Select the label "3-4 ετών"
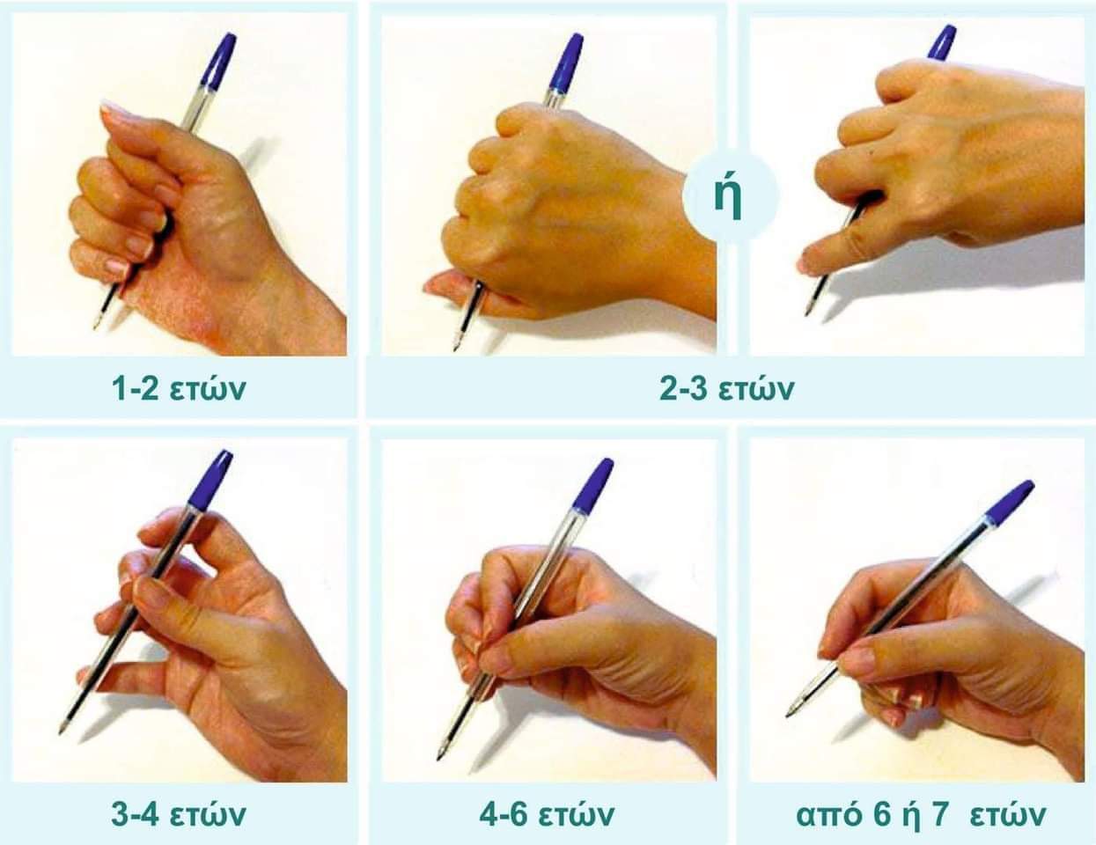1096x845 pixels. coord(179,814)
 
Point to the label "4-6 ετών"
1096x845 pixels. coord(547,814)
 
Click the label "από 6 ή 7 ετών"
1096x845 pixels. coord(921,815)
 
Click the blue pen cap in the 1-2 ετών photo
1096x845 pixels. coord(219,62)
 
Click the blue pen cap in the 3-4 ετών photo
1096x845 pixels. coord(210,480)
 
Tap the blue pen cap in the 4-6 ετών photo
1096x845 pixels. coord(593,486)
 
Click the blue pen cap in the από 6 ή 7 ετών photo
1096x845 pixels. coord(1009,503)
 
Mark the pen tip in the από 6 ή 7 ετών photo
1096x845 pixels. coord(789,715)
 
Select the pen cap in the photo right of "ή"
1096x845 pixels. coord(942,43)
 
